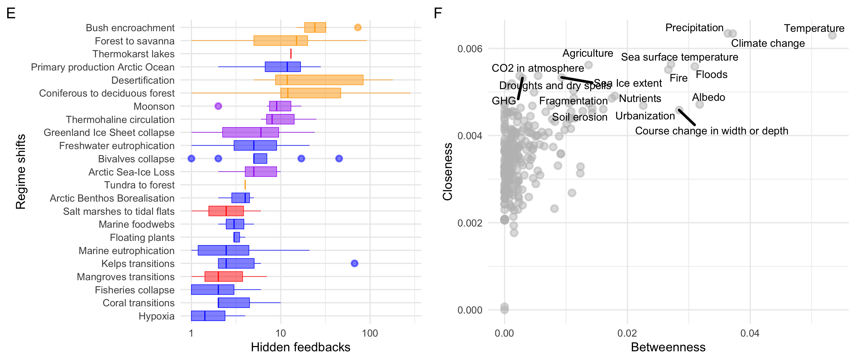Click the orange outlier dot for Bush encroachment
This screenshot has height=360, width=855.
[x=358, y=28]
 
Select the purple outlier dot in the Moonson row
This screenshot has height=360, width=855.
[x=218, y=106]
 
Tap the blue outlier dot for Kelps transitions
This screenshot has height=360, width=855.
[x=355, y=263]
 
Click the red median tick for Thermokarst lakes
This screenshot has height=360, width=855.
[x=291, y=54]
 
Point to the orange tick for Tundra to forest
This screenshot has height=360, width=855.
[x=245, y=185]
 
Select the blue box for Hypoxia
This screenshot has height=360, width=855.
[x=208, y=316]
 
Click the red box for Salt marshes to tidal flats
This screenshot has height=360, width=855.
[x=226, y=211]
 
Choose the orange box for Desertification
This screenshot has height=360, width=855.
[x=319, y=80]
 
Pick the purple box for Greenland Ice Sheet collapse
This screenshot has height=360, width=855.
[x=250, y=132]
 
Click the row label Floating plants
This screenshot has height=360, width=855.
[x=142, y=238]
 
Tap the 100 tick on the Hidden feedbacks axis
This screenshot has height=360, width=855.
[x=370, y=333]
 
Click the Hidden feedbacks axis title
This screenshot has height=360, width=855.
[x=300, y=347]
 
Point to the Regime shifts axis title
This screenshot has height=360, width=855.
[x=21, y=171]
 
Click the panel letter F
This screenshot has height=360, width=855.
[x=438, y=13]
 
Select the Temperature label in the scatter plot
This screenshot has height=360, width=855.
[x=814, y=28]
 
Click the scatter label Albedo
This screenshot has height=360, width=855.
[x=708, y=97]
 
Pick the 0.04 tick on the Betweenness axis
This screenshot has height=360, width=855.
[x=750, y=333]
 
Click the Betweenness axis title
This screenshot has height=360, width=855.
[x=668, y=347]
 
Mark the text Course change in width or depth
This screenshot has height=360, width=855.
[x=711, y=131]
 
